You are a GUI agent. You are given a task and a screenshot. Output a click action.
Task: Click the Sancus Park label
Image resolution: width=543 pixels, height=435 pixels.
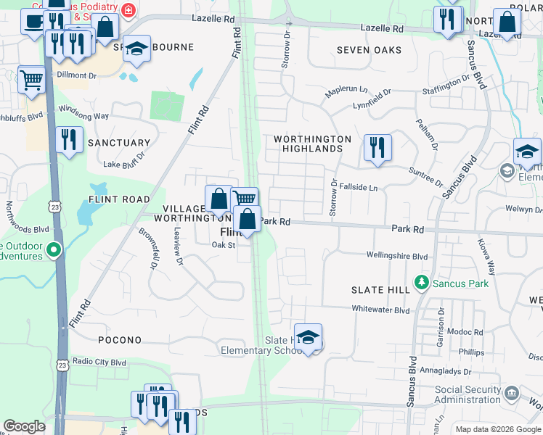tap(460, 283)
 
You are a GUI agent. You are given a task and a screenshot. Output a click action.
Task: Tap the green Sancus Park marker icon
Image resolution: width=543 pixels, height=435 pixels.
tap(420, 281)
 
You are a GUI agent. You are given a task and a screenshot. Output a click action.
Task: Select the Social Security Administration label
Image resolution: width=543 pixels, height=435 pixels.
tap(468, 394)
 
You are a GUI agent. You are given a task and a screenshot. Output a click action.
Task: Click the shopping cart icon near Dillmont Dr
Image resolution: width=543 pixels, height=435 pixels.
tap(31, 80)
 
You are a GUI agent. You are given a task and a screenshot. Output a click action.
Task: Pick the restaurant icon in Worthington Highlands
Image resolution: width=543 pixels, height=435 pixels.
tap(377, 147)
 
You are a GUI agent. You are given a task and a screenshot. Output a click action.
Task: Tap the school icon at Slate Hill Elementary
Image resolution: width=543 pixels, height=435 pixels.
tap(309, 338)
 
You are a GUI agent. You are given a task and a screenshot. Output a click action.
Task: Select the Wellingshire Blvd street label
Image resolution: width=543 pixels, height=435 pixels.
tap(397, 256)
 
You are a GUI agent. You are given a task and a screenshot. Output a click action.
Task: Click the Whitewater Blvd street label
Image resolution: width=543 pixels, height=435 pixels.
tap(381, 310)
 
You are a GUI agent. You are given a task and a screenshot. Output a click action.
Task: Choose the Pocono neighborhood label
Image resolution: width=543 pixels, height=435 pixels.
tap(121, 340)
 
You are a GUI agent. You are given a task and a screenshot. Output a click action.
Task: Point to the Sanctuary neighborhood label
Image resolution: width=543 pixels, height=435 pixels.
tap(119, 143)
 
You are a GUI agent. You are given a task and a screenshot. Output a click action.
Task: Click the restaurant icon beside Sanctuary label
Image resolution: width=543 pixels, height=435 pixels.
tap(69, 139)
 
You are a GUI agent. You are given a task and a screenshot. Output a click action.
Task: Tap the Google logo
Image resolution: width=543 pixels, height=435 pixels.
tap(24, 426)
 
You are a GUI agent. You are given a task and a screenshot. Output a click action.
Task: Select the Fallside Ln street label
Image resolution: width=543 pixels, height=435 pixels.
tap(359, 188)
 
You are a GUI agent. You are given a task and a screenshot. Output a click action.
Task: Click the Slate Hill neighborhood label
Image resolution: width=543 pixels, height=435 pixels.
tap(380, 289)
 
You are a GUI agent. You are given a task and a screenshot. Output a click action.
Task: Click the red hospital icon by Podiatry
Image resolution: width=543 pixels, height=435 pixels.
tap(128, 10)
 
